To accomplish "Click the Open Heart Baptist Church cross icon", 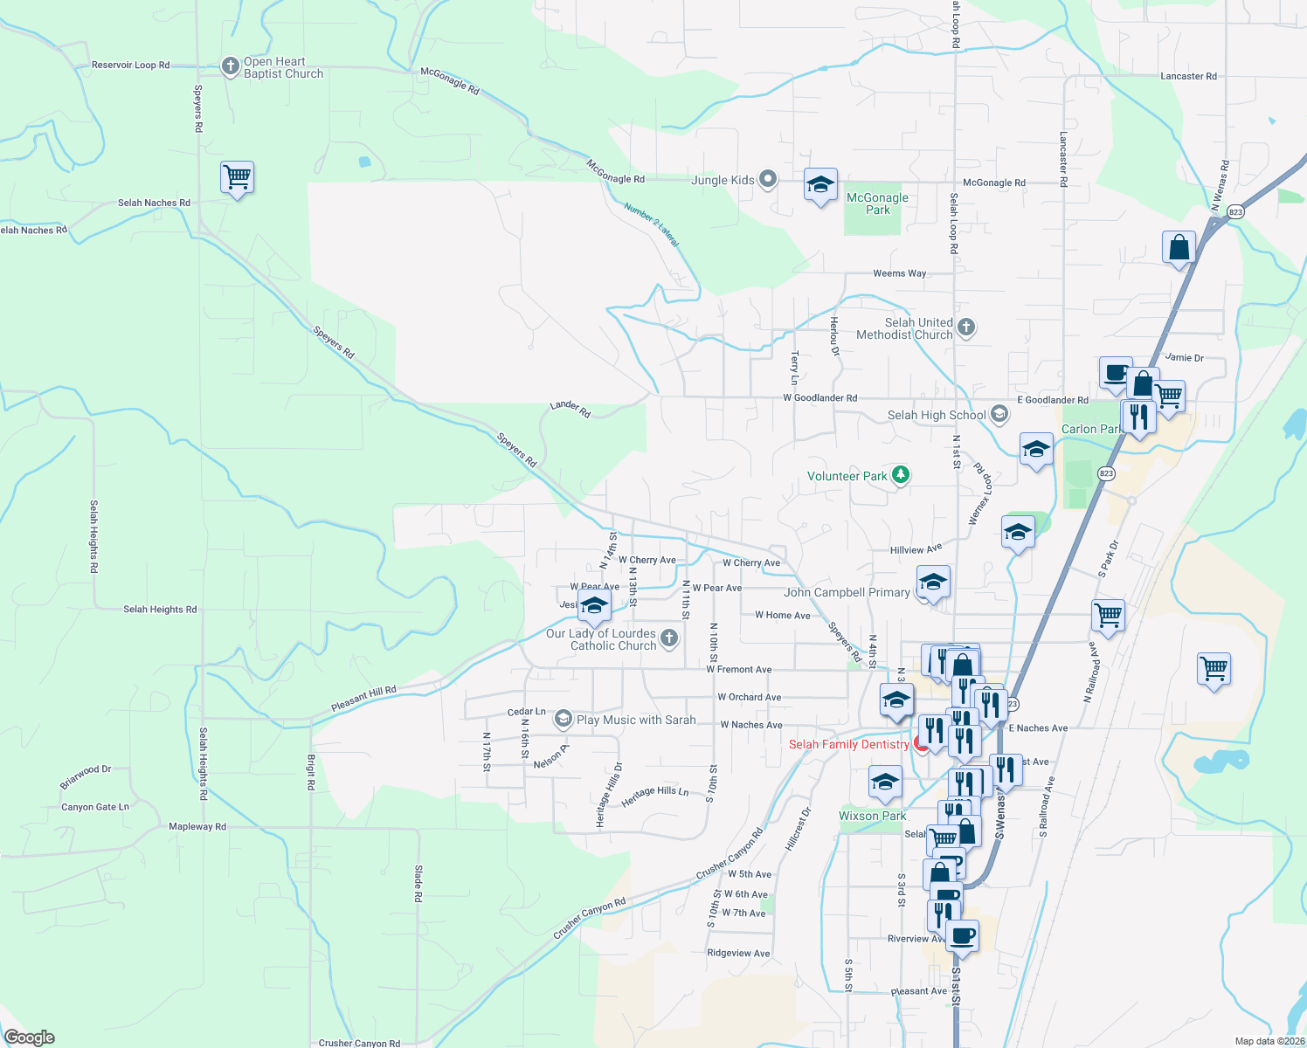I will (230, 67).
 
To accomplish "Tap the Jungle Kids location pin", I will (768, 180).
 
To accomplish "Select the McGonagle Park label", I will (877, 203).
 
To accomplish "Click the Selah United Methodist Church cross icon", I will (965, 328).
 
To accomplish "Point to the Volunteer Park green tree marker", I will (901, 476).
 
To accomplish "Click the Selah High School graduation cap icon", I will (999, 415).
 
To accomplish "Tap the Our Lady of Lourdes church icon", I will (669, 639).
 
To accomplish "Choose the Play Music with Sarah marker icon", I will (564, 720).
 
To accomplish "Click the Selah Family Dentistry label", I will (848, 744).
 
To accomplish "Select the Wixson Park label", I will (872, 816).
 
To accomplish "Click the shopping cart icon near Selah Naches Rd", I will (238, 177).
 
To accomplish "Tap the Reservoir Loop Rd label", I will (131, 65).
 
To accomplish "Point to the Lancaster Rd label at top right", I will (1188, 77).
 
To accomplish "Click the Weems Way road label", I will (899, 273).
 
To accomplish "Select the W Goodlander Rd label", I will (819, 398).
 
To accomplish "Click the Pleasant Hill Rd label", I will (363, 699).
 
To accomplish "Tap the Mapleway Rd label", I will (197, 826).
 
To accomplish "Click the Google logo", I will (30, 1037).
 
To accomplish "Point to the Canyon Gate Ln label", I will (95, 807).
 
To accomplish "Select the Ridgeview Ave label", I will (738, 953).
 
